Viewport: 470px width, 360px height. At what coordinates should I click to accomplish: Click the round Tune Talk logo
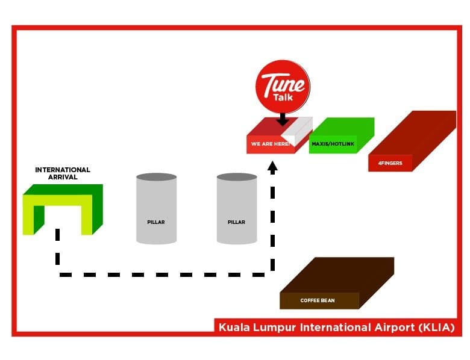(x=283, y=87)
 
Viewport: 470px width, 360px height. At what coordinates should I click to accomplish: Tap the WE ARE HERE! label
(x=271, y=144)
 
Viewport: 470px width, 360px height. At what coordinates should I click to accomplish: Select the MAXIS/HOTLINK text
(x=333, y=144)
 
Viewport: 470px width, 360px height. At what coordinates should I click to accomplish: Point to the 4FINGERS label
(x=390, y=163)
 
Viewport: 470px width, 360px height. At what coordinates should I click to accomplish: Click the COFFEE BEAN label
(x=318, y=300)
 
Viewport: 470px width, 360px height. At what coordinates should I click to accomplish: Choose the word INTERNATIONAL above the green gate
(x=63, y=170)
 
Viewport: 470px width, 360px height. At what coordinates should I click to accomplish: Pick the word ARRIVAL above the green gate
(x=63, y=177)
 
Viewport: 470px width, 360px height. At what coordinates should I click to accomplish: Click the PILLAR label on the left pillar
(x=156, y=222)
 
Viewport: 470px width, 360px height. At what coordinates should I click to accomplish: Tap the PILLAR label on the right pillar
(x=236, y=222)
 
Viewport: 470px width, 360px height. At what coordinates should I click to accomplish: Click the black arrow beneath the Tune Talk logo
(x=283, y=119)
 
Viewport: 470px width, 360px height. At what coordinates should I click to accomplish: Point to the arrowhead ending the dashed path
(x=272, y=167)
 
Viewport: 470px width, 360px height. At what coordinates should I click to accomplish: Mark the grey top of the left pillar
(x=157, y=177)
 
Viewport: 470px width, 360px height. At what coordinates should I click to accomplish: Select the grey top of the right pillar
(x=237, y=177)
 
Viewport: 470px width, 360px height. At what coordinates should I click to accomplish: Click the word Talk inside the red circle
(x=283, y=98)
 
